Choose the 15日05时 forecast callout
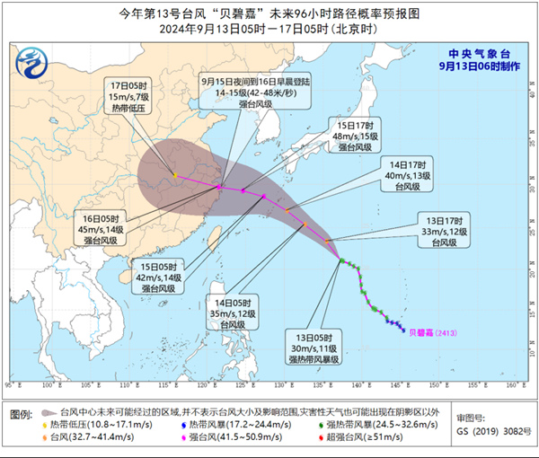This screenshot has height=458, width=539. click(155, 278)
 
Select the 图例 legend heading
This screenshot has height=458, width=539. click(22, 410)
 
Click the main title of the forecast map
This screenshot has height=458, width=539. click(269, 12)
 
